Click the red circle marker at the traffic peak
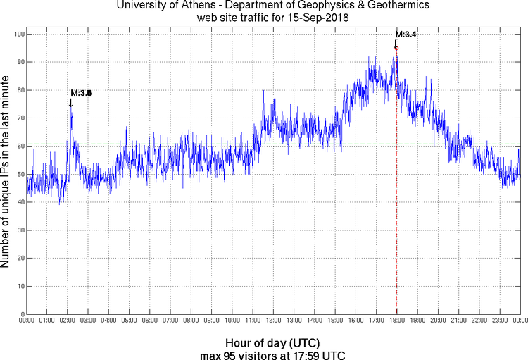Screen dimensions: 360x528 [396, 48]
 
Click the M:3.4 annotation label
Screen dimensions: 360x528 [406, 34]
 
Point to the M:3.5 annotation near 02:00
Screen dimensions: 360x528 [81, 93]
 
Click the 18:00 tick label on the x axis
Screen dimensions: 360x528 [396, 321]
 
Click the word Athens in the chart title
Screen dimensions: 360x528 [213, 6]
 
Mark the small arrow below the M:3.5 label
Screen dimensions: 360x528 [70, 103]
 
